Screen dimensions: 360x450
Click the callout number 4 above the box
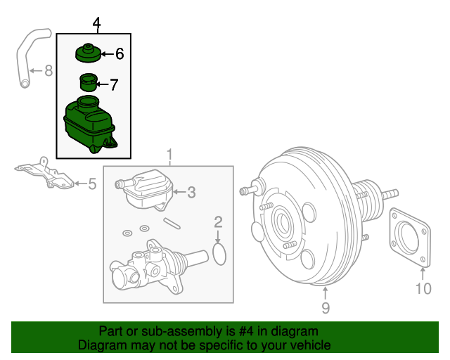tap(96, 25)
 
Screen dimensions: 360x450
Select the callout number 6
tap(119, 53)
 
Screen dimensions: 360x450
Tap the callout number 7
tap(114, 85)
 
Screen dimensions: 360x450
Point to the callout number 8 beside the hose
tap(48, 70)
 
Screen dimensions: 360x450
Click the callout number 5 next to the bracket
tap(91, 184)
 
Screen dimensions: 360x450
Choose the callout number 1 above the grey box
tap(169, 155)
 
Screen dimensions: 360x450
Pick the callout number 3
tap(191, 191)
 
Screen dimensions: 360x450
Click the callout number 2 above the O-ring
tap(219, 223)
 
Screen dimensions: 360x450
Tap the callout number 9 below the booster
tap(325, 307)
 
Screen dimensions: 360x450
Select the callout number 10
tap(422, 288)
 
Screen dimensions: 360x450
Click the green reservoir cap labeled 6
tap(88, 53)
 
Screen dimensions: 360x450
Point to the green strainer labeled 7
tap(88, 83)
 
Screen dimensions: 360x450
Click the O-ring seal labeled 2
tap(219, 254)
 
